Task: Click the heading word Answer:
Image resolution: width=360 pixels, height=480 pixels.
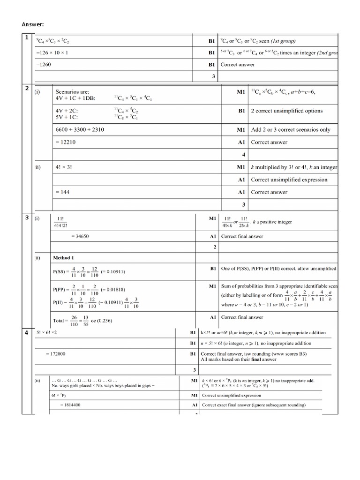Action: coord(33,24)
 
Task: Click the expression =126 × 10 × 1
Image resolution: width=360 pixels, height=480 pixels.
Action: coord(52,53)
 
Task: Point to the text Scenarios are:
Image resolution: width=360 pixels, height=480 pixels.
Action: coord(72,92)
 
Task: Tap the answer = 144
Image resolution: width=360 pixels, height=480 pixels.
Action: coord(63,192)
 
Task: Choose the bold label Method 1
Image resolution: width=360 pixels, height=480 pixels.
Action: coord(63,258)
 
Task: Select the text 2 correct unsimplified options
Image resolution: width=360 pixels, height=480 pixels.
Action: coord(287,111)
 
